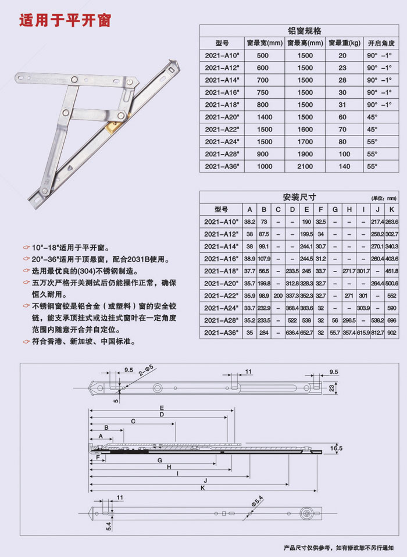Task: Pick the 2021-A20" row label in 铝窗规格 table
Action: (221, 117)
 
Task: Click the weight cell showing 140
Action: (344, 166)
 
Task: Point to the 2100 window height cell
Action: (305, 166)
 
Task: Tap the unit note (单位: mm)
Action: (384, 198)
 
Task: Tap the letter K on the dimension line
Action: (203, 489)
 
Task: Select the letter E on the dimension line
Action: (162, 408)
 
